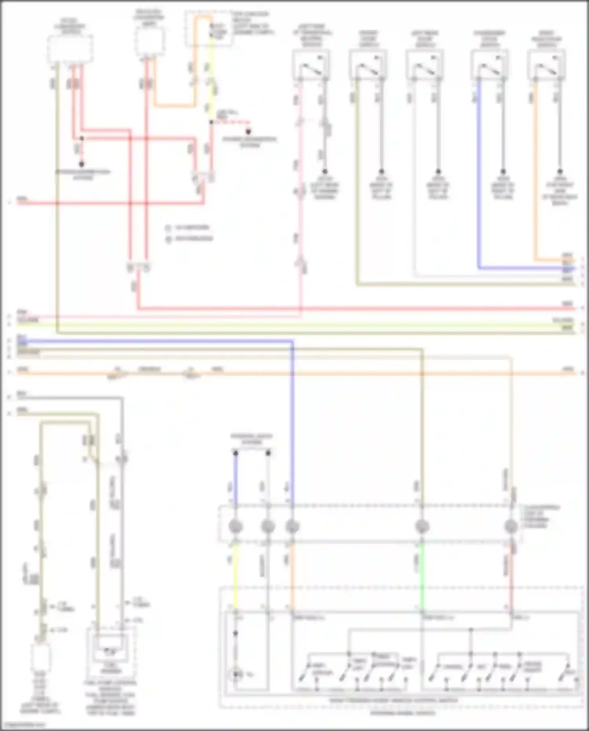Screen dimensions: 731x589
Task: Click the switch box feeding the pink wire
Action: pos(311,65)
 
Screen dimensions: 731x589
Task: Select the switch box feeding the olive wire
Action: pos(368,65)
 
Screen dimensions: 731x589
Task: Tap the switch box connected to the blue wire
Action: pos(489,65)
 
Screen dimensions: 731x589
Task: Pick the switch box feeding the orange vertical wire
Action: pos(546,65)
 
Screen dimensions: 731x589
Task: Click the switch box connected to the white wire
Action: pos(424,65)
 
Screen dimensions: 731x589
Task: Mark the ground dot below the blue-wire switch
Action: pos(502,172)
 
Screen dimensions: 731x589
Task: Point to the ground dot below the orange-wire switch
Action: pos(560,172)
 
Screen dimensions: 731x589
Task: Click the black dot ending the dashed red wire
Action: pos(248,132)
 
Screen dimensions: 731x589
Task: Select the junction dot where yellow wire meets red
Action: pos(211,122)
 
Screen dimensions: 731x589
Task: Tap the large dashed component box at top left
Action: pos(70,49)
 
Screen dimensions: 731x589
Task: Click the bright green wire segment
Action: pos(422,575)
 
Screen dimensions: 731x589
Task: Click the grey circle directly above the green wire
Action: pos(422,526)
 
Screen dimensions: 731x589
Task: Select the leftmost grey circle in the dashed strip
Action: pos(235,526)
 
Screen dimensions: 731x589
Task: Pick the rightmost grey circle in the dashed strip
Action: pos(511,526)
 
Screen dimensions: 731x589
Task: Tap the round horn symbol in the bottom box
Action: pos(236,674)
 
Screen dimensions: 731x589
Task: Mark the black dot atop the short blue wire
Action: pos(236,453)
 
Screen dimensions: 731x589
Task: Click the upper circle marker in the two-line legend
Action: pos(168,228)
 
